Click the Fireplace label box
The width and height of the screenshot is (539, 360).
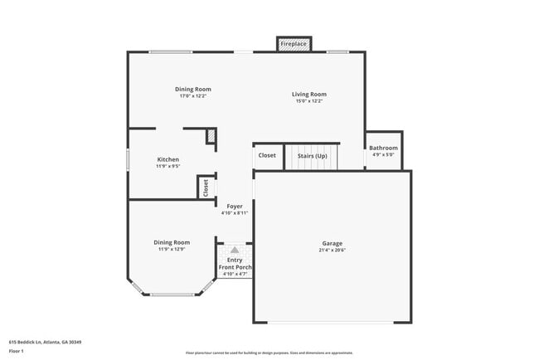click(x=294, y=43)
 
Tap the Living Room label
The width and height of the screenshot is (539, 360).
click(x=308, y=95)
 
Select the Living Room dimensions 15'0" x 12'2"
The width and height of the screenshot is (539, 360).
click(x=308, y=101)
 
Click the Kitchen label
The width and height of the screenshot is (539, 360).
click(x=168, y=159)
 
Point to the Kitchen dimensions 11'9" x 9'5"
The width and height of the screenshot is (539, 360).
click(x=168, y=166)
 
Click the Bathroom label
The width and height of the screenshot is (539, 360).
click(x=383, y=148)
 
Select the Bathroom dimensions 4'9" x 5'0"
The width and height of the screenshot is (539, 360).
click(x=383, y=154)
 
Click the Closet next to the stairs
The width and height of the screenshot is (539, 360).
click(x=267, y=155)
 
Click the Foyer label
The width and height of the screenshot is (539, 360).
click(x=235, y=206)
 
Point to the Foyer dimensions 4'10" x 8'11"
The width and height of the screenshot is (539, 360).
click(x=235, y=212)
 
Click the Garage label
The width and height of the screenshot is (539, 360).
click(x=332, y=243)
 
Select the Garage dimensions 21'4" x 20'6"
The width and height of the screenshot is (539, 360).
click(x=332, y=250)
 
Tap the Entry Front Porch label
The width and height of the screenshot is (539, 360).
click(x=235, y=264)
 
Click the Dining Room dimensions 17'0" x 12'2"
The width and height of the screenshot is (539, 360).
click(x=192, y=96)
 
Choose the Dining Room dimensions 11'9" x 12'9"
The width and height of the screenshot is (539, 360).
click(x=171, y=249)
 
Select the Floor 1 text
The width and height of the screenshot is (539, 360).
click(x=17, y=351)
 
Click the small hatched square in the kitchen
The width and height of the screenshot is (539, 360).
click(x=211, y=136)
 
